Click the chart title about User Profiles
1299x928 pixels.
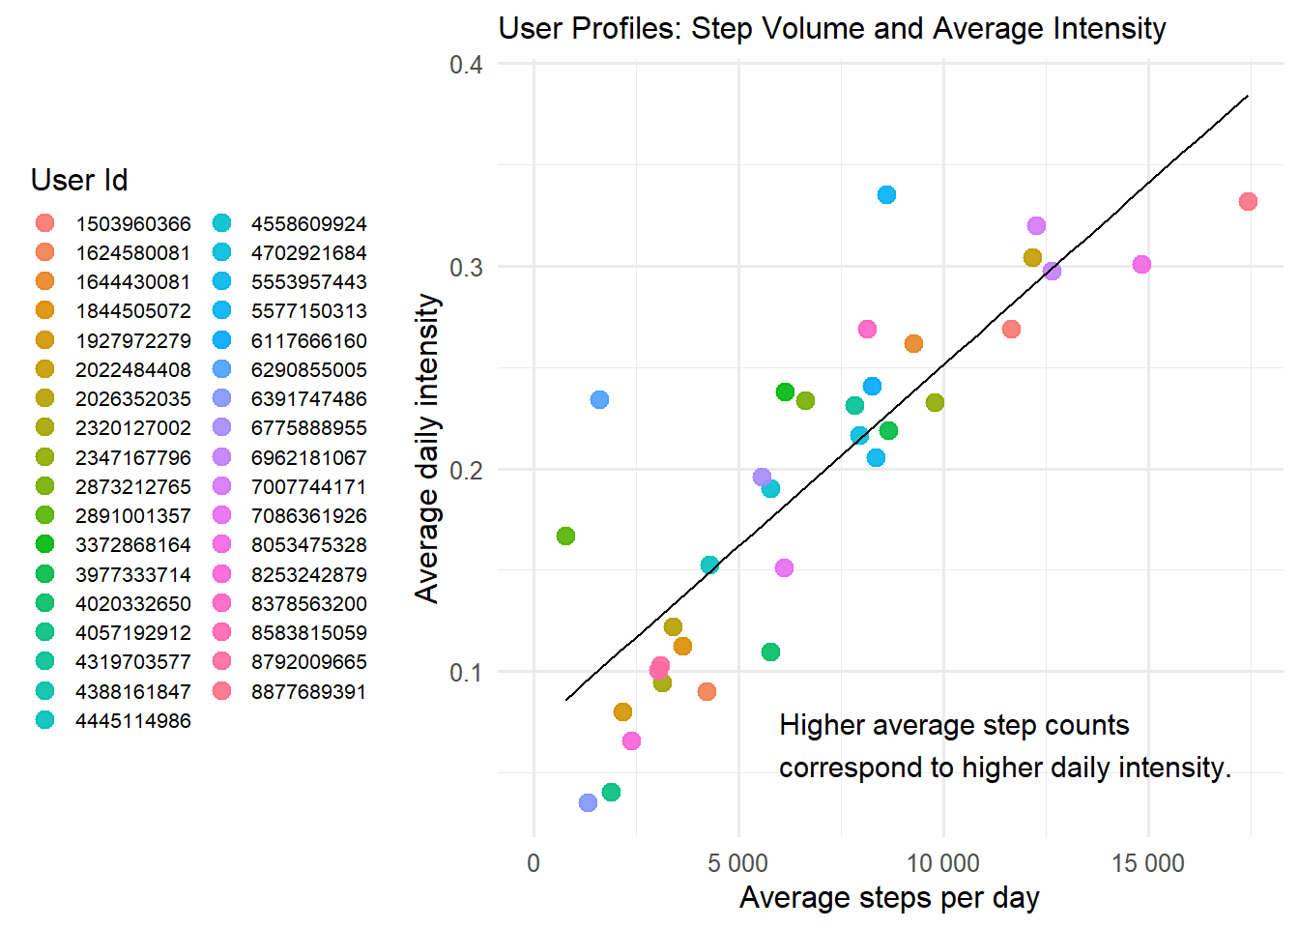831,28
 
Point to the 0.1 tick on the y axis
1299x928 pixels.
466,672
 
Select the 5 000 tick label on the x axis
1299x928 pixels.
737,863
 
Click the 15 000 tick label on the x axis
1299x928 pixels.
1147,863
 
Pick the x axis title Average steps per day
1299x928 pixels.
889,898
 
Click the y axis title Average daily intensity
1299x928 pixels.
427,449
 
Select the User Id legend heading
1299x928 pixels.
79,180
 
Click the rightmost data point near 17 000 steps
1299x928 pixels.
1248,201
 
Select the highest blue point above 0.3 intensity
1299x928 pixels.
886,194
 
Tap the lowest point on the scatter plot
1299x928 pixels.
588,802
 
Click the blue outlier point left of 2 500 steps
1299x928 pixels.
599,399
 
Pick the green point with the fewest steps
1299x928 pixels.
565,536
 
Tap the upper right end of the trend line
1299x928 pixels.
1248,96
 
